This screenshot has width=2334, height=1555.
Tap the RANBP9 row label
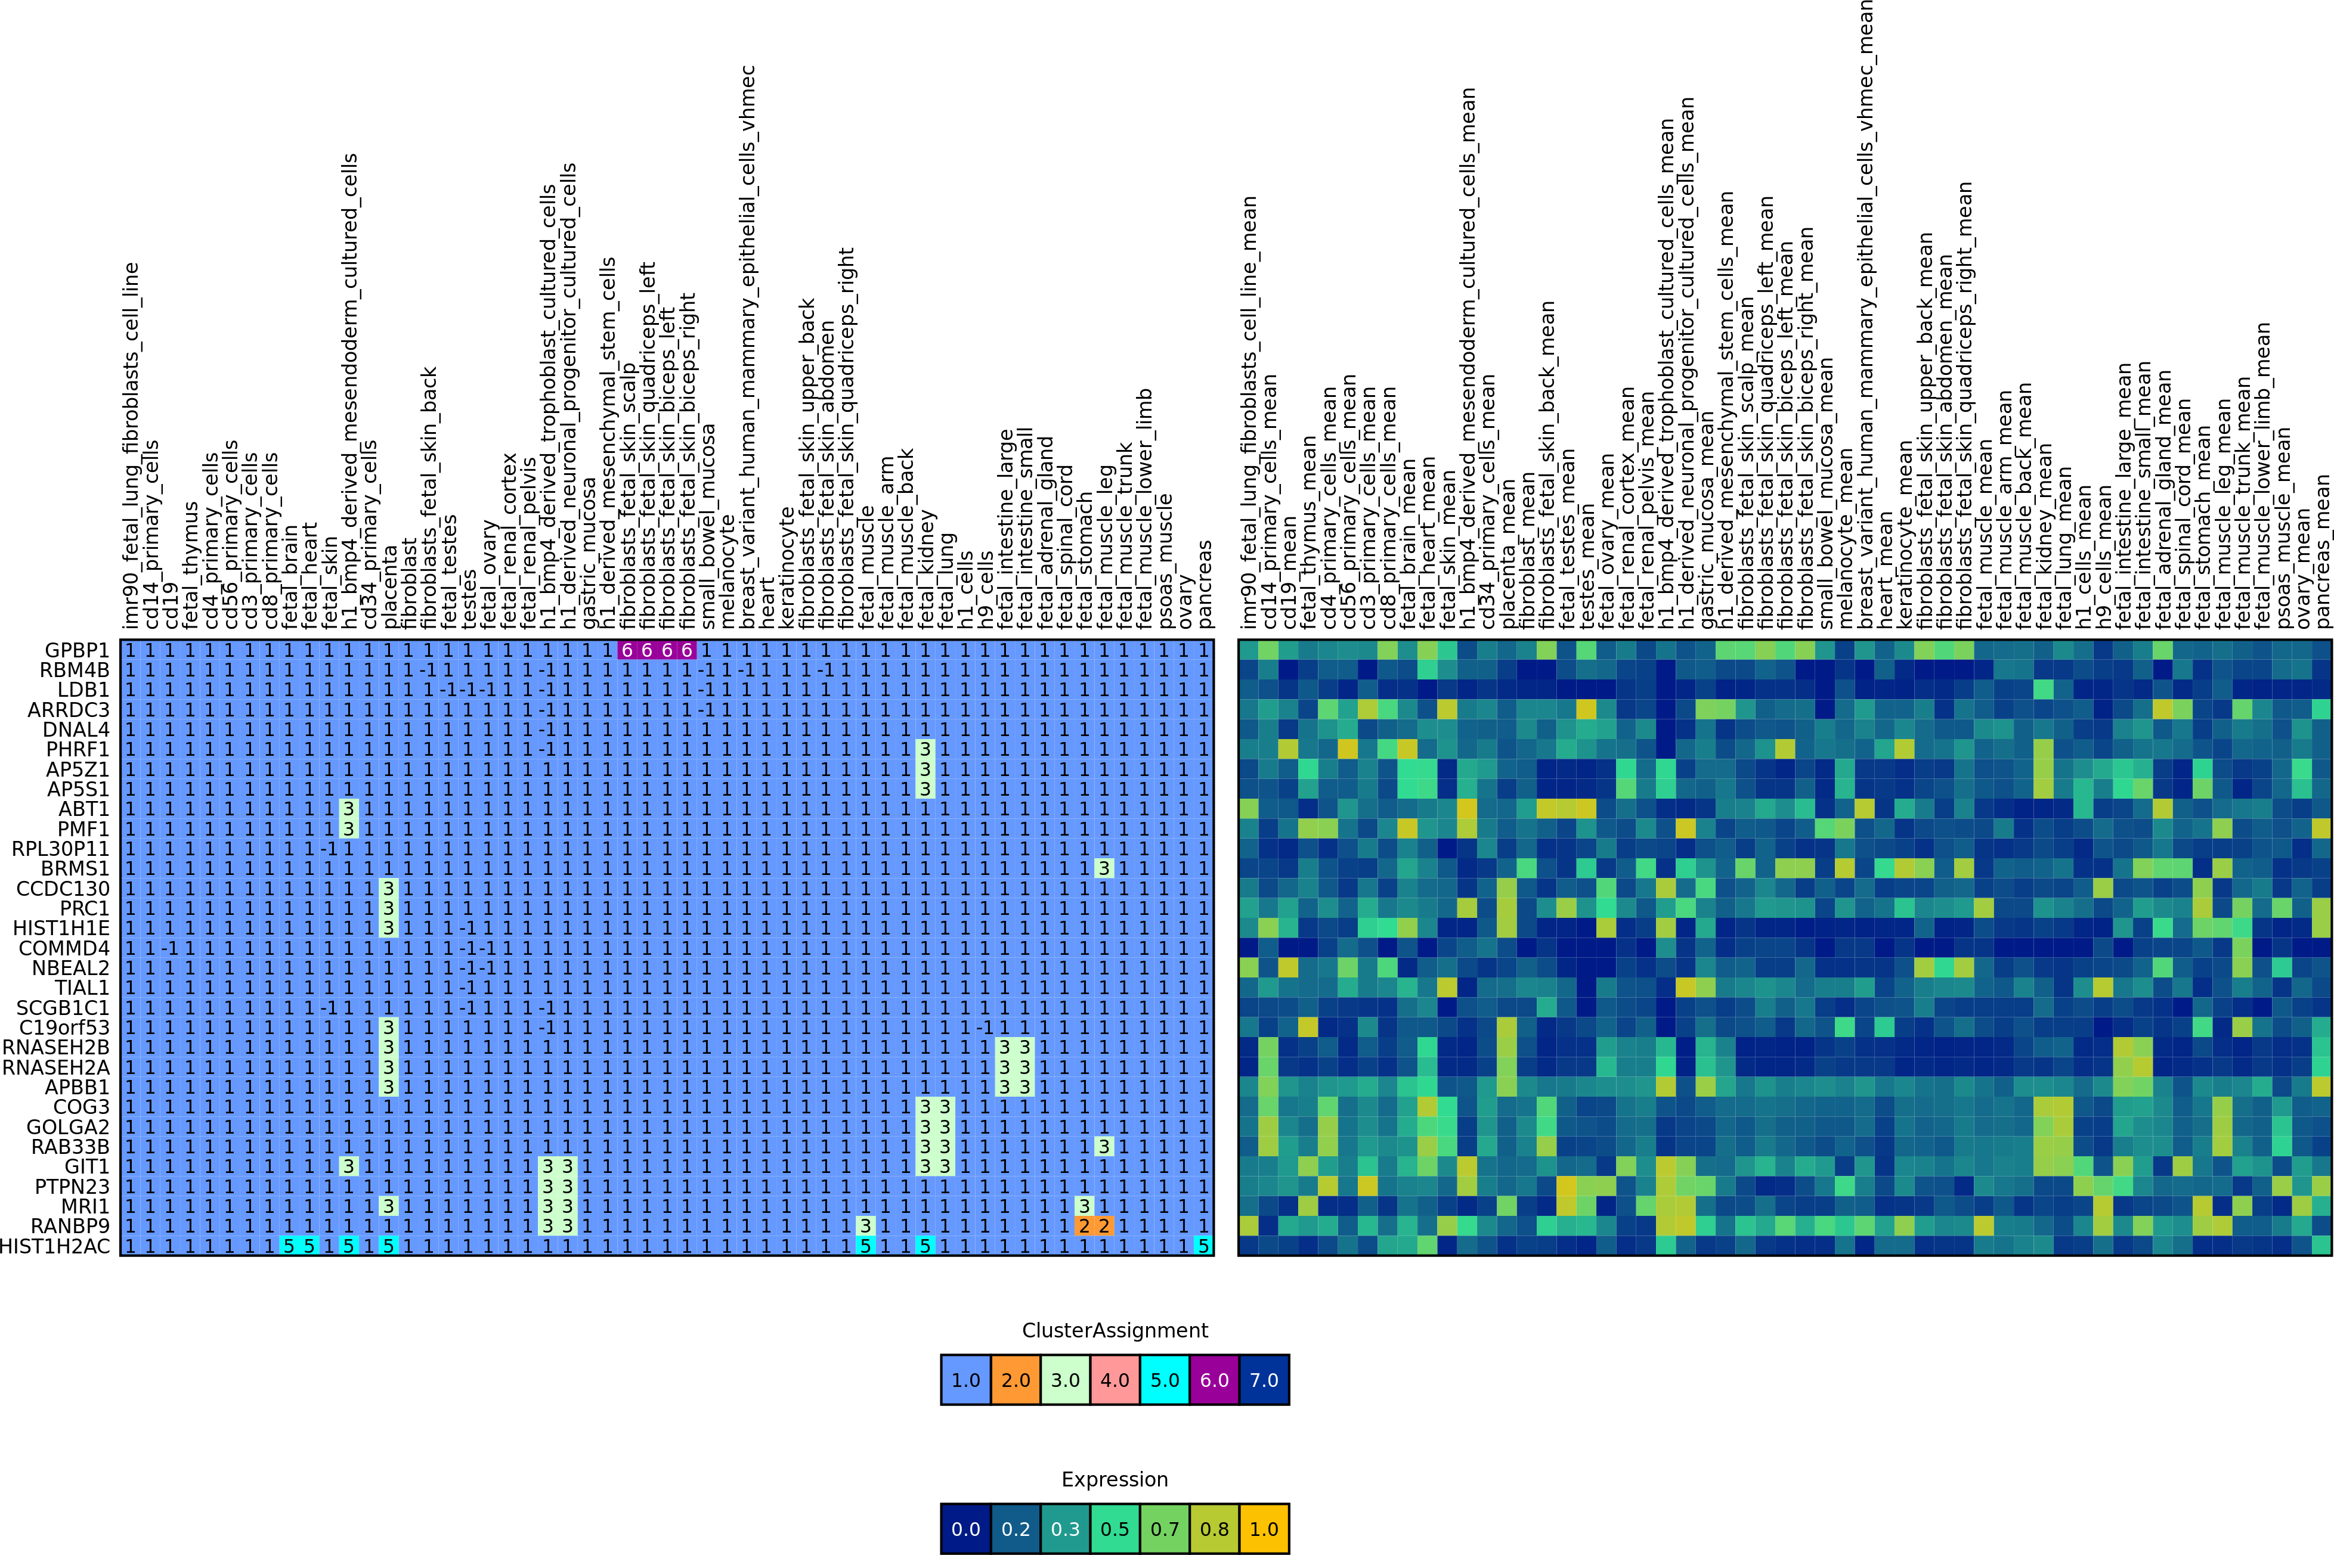pos(69,1227)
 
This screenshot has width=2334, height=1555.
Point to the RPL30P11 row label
pos(60,849)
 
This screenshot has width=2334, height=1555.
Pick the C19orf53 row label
pos(63,1028)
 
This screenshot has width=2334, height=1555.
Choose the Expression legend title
pos(1115,1480)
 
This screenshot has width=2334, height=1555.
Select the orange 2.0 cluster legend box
pos(1016,1379)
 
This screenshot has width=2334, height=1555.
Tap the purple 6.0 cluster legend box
pos(1214,1379)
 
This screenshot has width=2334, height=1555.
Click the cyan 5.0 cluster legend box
pos(1165,1379)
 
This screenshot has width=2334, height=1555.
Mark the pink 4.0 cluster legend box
pos(1115,1379)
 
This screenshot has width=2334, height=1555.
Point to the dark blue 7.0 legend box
pos(1264,1379)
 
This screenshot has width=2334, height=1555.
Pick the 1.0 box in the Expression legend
pos(1264,1528)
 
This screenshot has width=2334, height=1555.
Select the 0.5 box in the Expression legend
pos(1115,1528)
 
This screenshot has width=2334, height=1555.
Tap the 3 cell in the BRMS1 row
pos(1104,869)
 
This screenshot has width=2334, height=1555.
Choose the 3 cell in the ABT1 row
pos(348,809)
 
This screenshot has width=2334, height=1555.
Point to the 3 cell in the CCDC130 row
pos(388,889)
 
